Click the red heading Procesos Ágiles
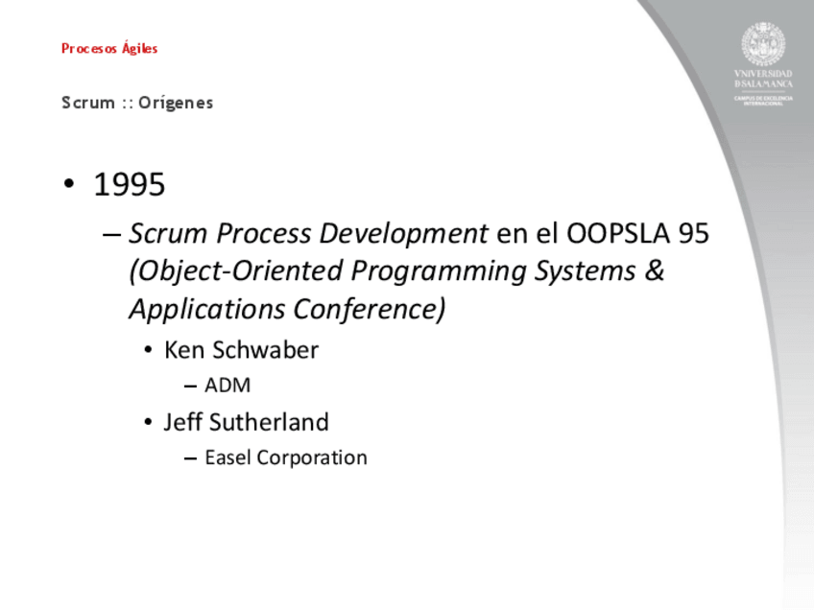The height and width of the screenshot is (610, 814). pos(109,48)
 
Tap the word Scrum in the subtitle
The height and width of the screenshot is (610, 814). pos(88,103)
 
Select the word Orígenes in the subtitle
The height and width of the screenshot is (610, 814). pos(176,103)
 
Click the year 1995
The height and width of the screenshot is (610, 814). pos(130,184)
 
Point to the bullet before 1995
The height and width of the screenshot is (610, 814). pos(68,184)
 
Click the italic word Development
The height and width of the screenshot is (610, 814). pos(403,233)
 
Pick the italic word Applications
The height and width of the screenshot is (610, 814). pos(207,310)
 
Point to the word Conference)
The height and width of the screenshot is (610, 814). pos(370,309)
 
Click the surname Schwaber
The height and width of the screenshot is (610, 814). pos(265,350)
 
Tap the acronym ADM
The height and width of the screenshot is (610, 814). pos(227,386)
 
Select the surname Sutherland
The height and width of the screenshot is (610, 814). pos(269,422)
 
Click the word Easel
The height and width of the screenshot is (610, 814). pos(227,457)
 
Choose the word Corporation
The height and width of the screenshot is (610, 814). pos(312,458)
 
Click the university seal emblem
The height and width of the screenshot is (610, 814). pos(763,44)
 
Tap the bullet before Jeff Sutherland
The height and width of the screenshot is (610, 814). pos(149,422)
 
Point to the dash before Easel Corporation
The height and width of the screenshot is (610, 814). pos(190,458)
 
